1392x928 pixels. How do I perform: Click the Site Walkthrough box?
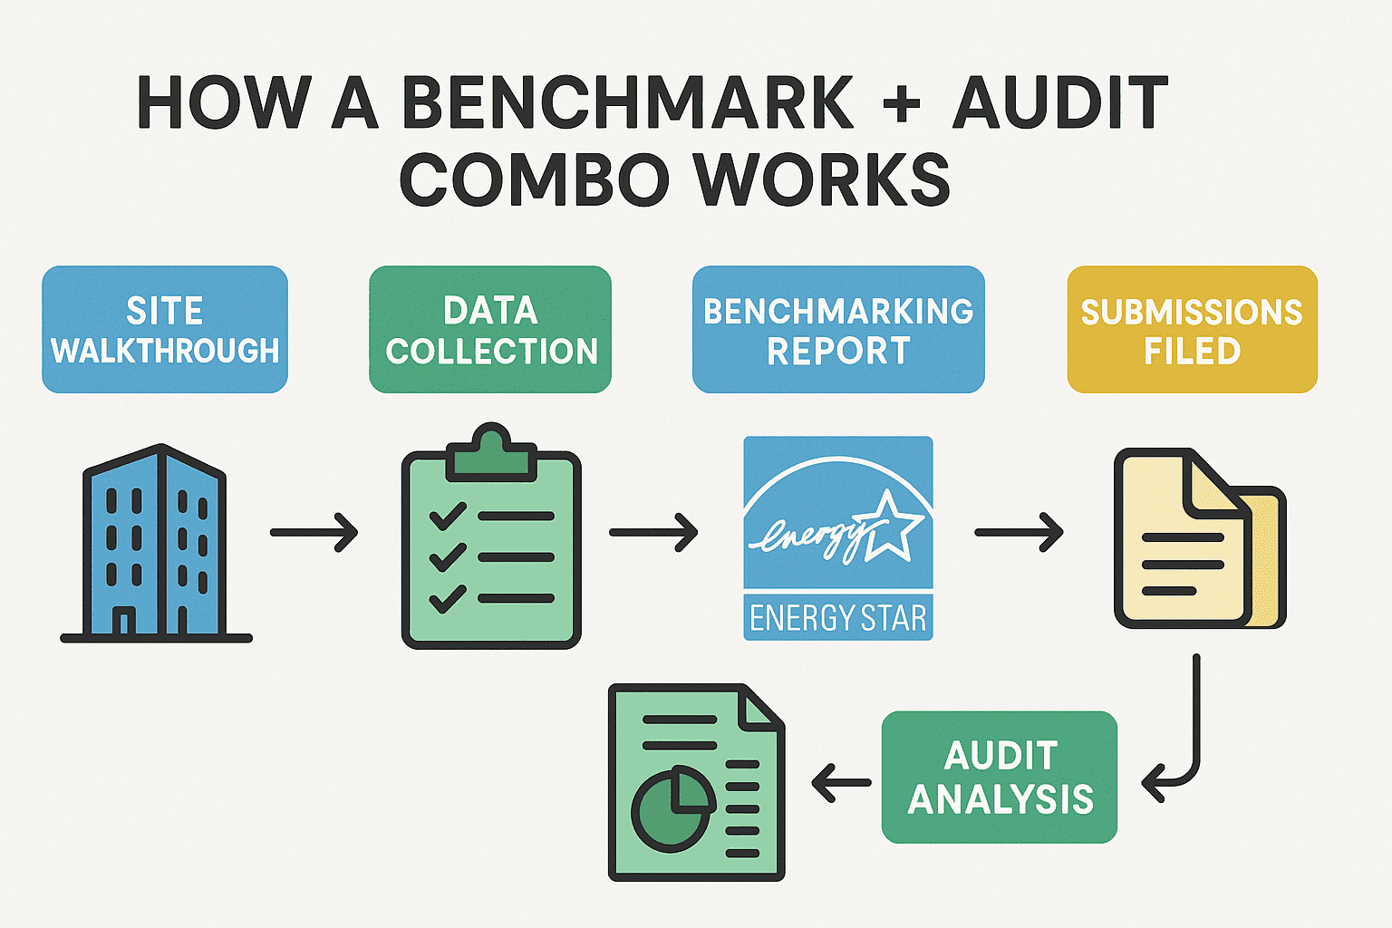165,330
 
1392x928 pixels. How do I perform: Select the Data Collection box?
490,330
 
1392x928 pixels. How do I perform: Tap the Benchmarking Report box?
838,330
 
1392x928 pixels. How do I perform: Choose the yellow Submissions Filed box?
1192,330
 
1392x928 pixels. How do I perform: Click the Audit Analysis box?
1000,778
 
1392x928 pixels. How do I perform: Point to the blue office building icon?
156,544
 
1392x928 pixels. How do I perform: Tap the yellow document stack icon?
1196,539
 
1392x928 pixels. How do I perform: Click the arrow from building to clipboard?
314,532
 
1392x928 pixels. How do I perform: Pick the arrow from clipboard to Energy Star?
652,532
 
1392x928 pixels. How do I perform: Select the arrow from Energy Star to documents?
1019,532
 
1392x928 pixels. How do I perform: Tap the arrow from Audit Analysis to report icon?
841,782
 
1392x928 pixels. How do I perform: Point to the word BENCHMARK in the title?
627,103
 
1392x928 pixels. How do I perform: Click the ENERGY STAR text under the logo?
837,618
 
